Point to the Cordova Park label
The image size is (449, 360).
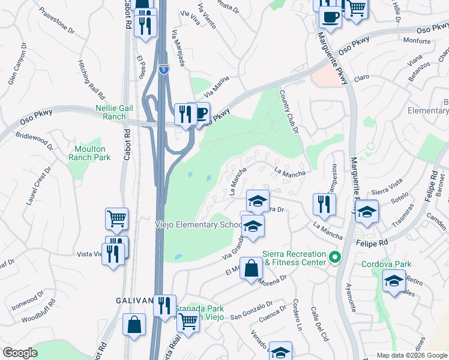[386, 263]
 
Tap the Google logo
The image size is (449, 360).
[20, 353]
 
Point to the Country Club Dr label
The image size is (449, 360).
[289, 112]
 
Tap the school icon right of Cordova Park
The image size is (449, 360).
[394, 280]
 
